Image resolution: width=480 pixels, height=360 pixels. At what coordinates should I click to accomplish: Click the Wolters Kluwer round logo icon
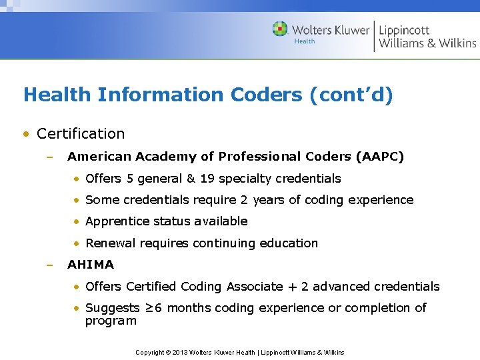(280, 29)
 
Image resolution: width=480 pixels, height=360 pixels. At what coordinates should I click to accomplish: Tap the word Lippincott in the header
(404, 30)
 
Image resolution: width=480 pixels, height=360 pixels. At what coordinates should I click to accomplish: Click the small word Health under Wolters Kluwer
(305, 41)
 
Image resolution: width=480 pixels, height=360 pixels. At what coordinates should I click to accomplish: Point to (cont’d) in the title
(351, 95)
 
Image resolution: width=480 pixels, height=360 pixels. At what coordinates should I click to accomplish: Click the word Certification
(81, 133)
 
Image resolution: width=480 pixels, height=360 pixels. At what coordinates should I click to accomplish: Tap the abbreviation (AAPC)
(380, 157)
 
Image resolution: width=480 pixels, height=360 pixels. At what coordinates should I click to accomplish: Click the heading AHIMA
(91, 265)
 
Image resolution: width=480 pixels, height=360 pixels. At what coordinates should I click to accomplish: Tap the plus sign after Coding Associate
(292, 287)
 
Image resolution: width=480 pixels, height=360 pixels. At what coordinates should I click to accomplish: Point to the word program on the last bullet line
(111, 321)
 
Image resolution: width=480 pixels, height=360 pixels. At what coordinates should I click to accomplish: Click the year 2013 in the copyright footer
(181, 352)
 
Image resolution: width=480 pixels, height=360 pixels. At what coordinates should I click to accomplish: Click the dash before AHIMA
(49, 265)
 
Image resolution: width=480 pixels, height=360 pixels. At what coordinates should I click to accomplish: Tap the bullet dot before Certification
(25, 133)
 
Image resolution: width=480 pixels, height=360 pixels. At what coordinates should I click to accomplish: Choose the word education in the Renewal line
(289, 243)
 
